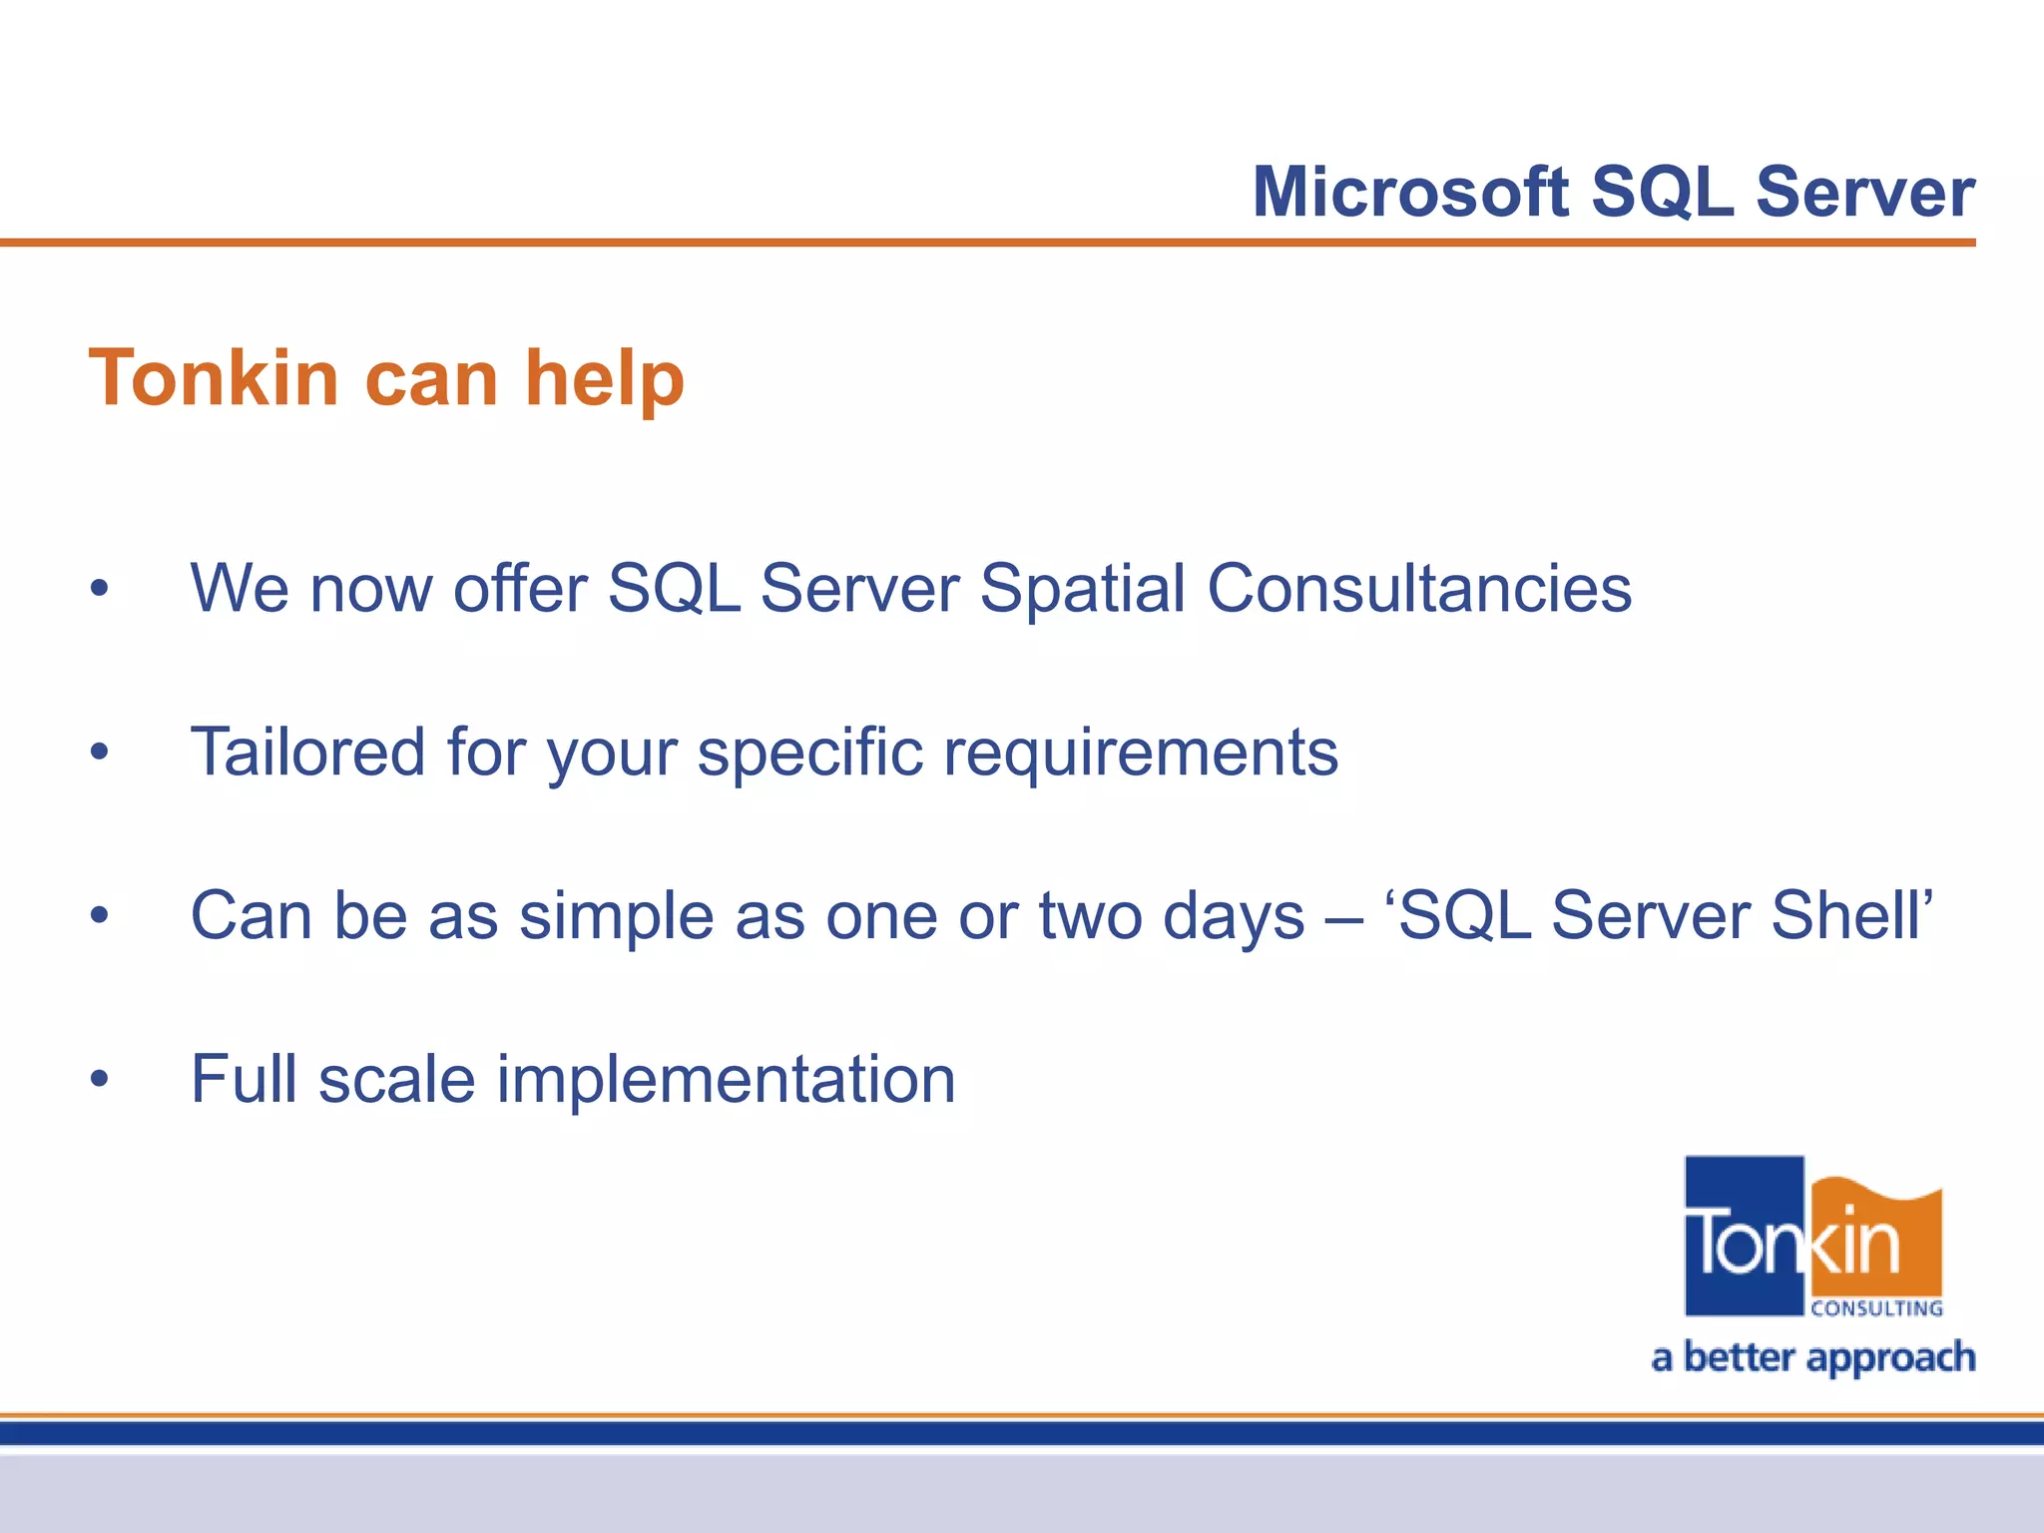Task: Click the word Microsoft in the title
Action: pos(1410,192)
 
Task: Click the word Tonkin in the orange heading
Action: pos(214,378)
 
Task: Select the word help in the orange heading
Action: pos(605,380)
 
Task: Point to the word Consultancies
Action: pos(1419,588)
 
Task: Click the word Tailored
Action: pos(307,752)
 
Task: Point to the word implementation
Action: pos(726,1080)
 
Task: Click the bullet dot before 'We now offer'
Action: pos(99,590)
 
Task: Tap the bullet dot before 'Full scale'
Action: pos(99,1080)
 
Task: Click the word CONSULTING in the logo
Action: pos(1876,1308)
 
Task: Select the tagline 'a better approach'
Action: pos(1812,1358)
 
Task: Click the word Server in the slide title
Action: pos(1864,192)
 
